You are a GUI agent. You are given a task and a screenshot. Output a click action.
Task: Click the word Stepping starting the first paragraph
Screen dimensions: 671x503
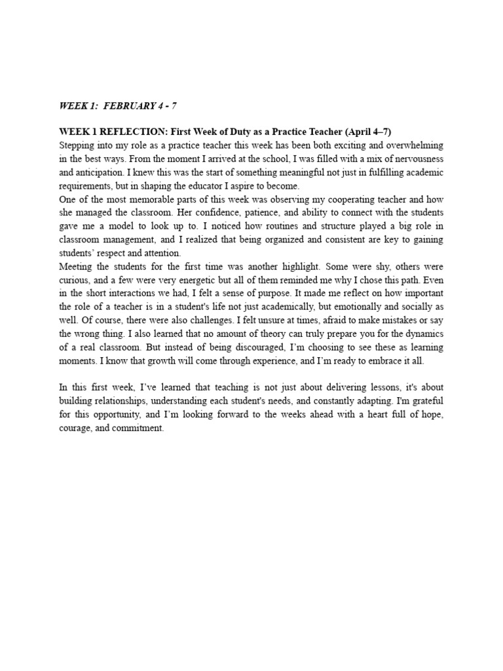coord(76,145)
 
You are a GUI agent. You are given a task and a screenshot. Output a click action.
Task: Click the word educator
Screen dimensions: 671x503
coord(195,185)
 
